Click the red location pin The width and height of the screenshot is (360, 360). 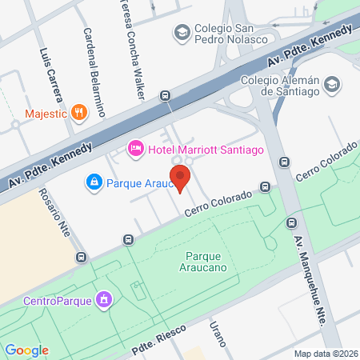(181, 178)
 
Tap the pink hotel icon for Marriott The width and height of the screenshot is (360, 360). (135, 148)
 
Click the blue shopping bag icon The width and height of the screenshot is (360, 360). (94, 183)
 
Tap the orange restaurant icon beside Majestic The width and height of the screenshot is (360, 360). (78, 112)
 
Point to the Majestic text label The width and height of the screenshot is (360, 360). (45, 113)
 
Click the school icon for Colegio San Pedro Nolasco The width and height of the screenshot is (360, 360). (182, 33)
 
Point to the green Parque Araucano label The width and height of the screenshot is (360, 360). (207, 261)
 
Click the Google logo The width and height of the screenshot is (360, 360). (26, 350)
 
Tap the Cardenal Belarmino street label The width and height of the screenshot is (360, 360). (94, 73)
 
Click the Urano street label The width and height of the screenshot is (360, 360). (218, 335)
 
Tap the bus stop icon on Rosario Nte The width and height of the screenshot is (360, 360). (81, 258)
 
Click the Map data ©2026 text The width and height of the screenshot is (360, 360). (325, 354)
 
